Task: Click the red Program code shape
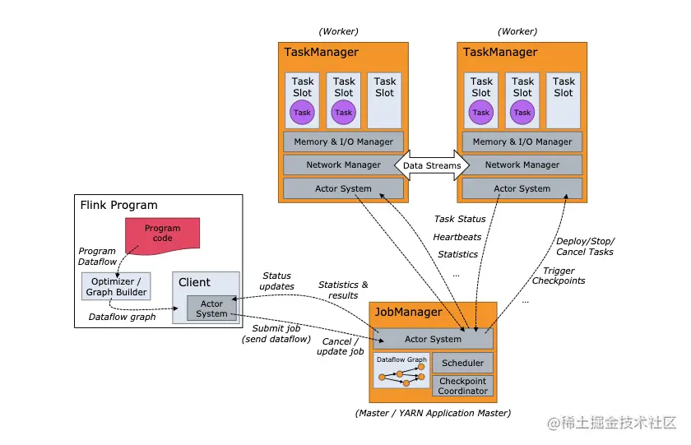(162, 234)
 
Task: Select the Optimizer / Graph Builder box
(116, 286)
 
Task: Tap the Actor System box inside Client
(211, 308)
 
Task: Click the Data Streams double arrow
(432, 165)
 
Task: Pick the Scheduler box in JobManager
(462, 363)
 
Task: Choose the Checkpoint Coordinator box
(462, 386)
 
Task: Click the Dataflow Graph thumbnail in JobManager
(401, 370)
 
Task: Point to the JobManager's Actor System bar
(433, 339)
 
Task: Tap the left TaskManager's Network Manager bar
(343, 165)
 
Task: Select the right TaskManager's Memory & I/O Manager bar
(522, 141)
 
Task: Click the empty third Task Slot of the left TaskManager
(385, 100)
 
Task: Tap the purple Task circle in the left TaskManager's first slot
(303, 113)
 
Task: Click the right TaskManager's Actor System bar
(522, 188)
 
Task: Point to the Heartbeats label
(457, 237)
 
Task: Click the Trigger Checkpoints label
(559, 276)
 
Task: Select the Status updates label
(276, 280)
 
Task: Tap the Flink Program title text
(118, 205)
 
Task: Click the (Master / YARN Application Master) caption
(433, 413)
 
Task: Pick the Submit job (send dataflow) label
(276, 333)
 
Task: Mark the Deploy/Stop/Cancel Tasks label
(585, 246)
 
